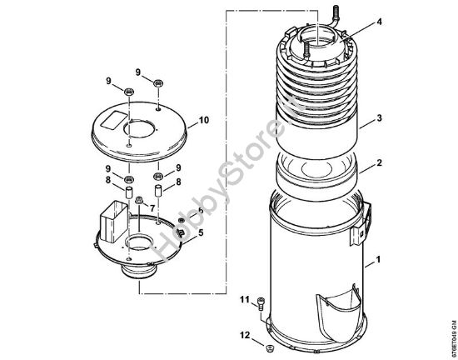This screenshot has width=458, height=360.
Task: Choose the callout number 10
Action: tap(204, 121)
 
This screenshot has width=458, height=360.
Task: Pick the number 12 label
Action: tap(244, 335)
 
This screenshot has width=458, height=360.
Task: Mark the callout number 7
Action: tap(152, 207)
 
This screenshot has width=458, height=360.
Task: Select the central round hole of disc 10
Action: tap(138, 129)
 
